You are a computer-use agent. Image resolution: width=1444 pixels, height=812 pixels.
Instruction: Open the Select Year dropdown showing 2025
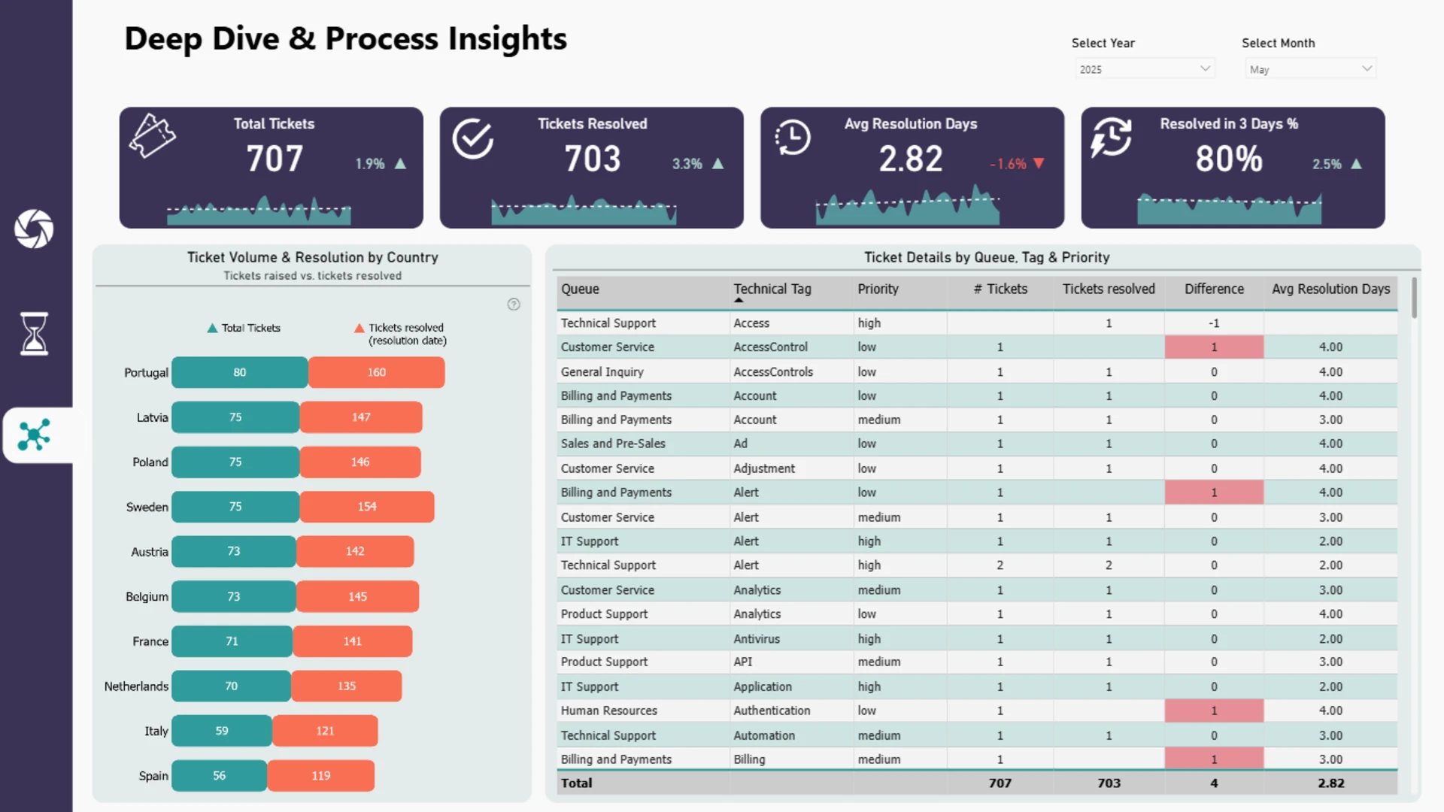(1144, 68)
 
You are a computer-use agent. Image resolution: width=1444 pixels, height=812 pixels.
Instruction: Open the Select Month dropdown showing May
(1310, 68)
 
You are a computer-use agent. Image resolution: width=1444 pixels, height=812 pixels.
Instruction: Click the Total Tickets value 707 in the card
(275, 159)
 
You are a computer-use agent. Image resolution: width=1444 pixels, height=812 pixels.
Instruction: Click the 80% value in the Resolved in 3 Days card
(1229, 159)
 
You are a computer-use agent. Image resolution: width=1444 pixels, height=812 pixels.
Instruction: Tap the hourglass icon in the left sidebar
(34, 333)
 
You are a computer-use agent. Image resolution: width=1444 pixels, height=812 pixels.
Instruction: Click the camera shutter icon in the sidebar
(34, 229)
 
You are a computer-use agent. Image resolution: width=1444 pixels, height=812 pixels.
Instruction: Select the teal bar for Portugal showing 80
(239, 372)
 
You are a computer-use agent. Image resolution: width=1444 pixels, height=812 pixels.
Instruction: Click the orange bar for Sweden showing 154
(367, 507)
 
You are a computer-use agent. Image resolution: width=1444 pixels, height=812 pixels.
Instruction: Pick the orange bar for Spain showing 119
(321, 776)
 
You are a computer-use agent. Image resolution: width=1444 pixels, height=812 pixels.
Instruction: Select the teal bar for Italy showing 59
(222, 731)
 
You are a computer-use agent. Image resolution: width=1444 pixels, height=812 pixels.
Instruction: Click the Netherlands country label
(136, 686)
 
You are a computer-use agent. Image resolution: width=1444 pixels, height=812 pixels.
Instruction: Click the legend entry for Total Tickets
(244, 328)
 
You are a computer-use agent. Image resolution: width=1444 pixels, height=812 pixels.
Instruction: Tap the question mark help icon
(514, 304)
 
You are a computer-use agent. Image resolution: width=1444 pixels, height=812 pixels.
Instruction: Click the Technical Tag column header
(772, 289)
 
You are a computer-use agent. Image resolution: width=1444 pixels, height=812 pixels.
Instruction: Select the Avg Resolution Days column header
(1330, 289)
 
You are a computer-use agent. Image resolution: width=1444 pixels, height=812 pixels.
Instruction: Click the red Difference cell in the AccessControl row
(1214, 347)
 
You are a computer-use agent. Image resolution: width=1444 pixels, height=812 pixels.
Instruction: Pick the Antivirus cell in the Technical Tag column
(757, 639)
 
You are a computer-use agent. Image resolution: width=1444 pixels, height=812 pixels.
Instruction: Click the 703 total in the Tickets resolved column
(1109, 783)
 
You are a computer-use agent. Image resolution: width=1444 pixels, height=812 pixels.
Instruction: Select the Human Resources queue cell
(609, 710)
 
